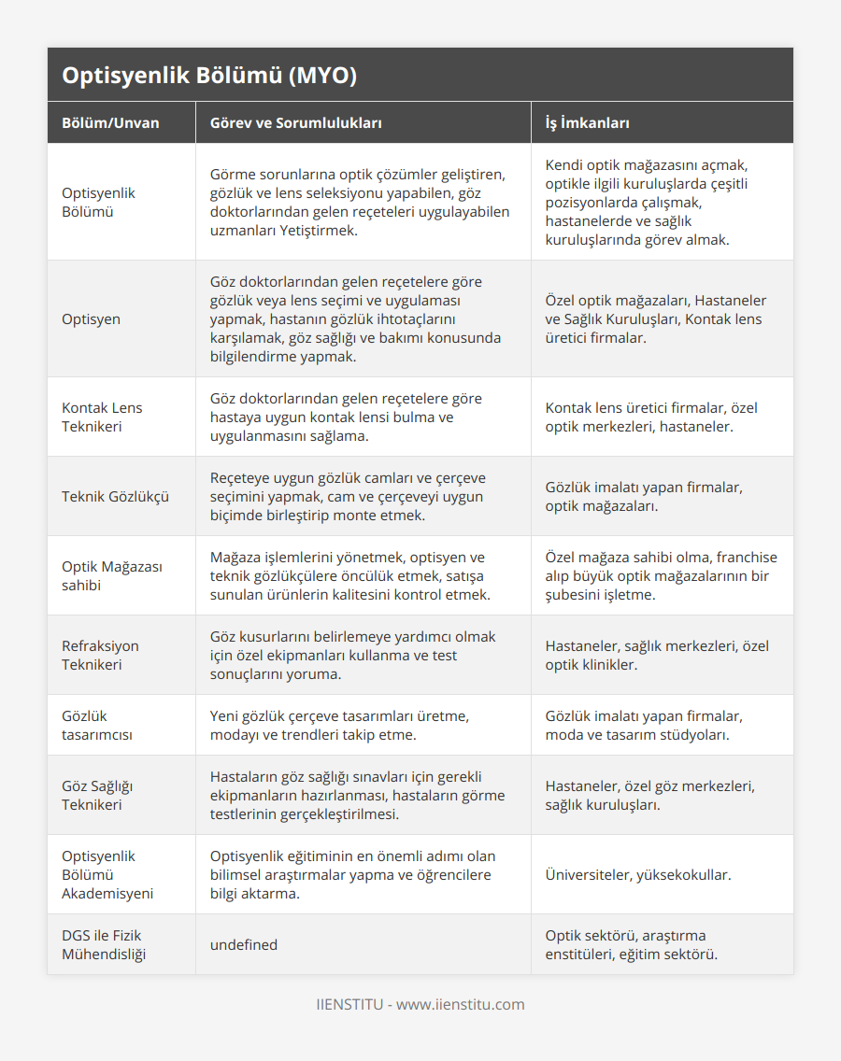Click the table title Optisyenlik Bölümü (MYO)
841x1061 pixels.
(x=209, y=76)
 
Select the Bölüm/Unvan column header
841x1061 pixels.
(x=110, y=123)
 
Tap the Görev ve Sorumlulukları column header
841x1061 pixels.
(x=295, y=123)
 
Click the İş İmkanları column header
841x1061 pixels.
(x=587, y=123)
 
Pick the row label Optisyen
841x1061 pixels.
(x=91, y=319)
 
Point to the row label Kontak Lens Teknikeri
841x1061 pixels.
(x=102, y=417)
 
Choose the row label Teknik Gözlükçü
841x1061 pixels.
(x=115, y=497)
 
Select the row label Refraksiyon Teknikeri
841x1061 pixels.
(x=100, y=656)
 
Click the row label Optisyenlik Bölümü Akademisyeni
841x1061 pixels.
(x=107, y=875)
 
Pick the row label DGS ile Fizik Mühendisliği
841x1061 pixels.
(x=102, y=944)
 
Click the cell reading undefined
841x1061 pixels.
(x=244, y=945)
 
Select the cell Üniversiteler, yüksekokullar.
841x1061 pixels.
(x=638, y=875)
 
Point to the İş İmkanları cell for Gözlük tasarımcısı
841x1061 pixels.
(x=644, y=726)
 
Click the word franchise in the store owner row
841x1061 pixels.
(x=745, y=558)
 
